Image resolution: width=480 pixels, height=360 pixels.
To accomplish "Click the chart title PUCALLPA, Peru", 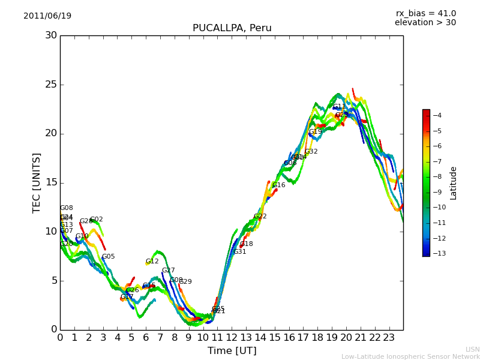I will [232, 28].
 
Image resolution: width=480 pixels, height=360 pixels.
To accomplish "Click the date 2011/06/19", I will [47, 16].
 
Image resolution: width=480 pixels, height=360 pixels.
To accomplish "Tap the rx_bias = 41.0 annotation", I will [425, 14].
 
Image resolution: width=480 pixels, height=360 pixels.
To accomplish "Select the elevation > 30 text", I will [425, 23].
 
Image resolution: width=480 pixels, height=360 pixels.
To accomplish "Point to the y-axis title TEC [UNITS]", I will [37, 182].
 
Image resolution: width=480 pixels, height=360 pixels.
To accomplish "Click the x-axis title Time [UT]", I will [232, 351].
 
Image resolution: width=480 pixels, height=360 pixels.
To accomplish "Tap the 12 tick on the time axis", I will [232, 337].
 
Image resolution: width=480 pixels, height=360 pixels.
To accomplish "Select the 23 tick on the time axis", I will [389, 337].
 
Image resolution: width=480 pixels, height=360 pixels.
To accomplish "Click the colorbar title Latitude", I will [454, 182].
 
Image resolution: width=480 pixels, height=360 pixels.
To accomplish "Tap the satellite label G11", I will [340, 107].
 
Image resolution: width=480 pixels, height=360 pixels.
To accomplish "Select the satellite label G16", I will [278, 185].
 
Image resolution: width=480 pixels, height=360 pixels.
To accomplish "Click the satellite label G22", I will [260, 217].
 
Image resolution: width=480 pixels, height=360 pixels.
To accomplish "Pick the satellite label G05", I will [108, 257].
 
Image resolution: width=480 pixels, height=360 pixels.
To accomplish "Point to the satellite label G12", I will [152, 262].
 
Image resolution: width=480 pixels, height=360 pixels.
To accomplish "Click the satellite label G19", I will [315, 132].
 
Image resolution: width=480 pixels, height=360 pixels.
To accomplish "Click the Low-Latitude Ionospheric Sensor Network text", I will [410, 356].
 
